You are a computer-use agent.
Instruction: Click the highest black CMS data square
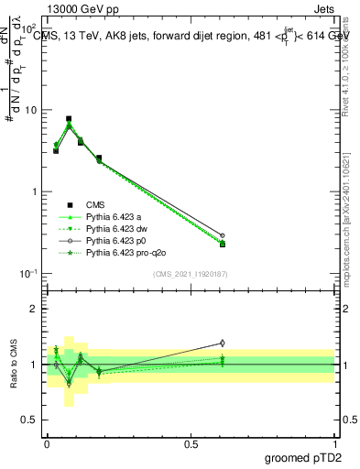pos(69,119)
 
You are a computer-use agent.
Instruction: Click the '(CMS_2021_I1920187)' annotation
pos(191,273)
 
